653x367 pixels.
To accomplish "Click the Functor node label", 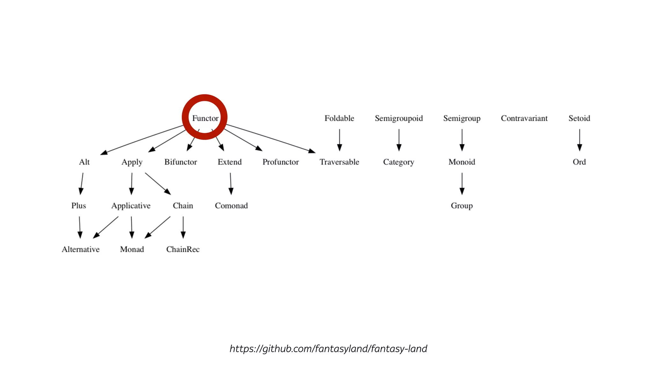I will point(205,118).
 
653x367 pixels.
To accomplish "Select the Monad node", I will point(132,249).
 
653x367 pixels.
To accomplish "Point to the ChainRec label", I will point(183,249).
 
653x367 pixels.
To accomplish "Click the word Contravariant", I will point(524,118).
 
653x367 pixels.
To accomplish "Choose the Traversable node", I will point(339,162).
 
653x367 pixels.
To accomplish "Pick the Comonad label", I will point(231,205).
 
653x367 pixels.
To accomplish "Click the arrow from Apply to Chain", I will point(158,183).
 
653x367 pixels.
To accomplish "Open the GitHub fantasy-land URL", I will point(328,349).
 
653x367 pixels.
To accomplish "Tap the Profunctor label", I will point(281,162).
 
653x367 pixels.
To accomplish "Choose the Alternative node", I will point(80,249).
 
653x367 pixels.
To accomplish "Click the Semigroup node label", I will point(462,118).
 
